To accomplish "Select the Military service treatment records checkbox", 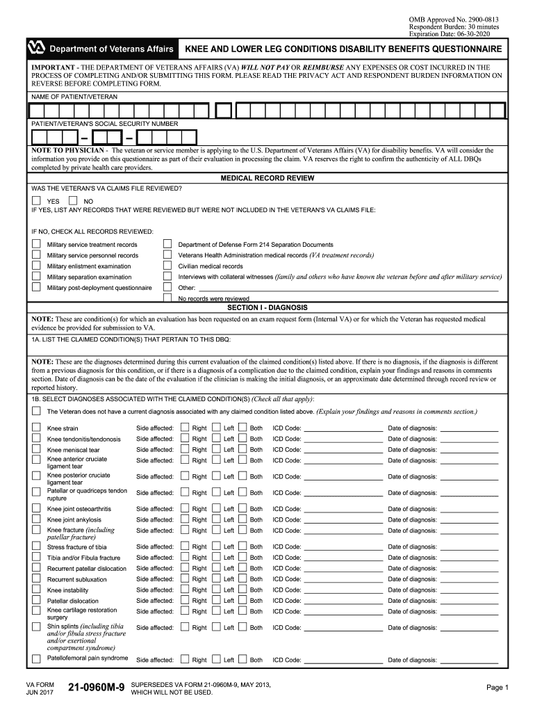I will [x=36, y=244].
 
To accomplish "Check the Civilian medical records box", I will [x=167, y=266].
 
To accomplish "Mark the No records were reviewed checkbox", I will [x=167, y=298].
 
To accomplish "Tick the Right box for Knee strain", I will [x=184, y=428].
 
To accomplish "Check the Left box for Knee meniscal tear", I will [x=216, y=450].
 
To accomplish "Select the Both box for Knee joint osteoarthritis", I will [x=242, y=509].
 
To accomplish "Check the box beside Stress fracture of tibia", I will [x=36, y=547].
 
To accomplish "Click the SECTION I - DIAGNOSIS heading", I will [x=267, y=307].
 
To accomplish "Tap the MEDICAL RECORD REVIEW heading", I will [x=267, y=178].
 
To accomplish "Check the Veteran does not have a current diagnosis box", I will [x=36, y=411].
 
